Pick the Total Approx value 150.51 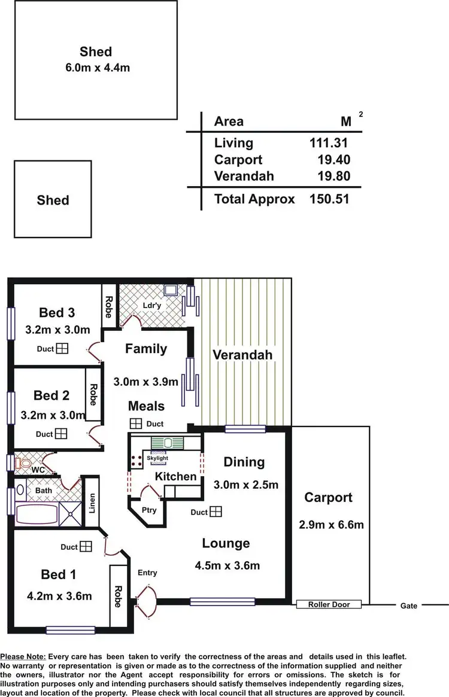[x=329, y=199]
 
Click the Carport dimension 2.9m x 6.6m [x=331, y=525]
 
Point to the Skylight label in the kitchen [x=157, y=458]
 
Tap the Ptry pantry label [x=149, y=510]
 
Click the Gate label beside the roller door [x=409, y=606]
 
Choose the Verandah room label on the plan [x=242, y=355]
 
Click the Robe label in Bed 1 [x=118, y=595]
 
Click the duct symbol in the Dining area [x=216, y=512]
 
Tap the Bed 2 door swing [x=95, y=435]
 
